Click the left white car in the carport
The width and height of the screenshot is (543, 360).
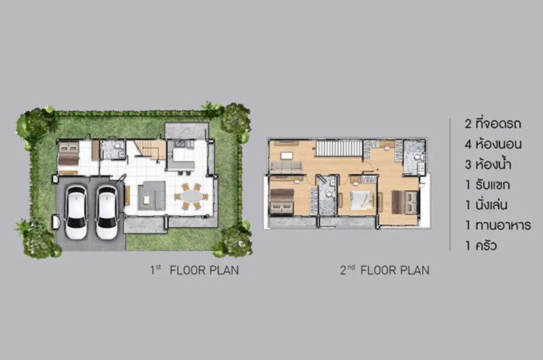tap(76, 213)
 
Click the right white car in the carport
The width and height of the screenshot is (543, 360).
tap(107, 213)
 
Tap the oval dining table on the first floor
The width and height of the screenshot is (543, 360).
tap(191, 197)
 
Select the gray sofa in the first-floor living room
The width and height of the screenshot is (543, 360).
tap(151, 196)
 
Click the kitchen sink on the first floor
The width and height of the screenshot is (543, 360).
tap(180, 143)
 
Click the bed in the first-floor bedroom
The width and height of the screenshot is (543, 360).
tap(69, 157)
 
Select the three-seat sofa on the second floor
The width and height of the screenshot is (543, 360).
tap(286, 166)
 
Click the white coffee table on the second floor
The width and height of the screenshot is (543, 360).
tap(287, 154)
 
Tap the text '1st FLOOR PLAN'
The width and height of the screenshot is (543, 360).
tap(194, 270)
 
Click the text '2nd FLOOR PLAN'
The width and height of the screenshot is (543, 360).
tap(385, 270)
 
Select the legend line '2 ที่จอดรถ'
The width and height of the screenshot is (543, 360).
tap(493, 124)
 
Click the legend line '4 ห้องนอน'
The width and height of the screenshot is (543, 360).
tap(493, 144)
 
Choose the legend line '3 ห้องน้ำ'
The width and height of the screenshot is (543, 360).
tap(488, 164)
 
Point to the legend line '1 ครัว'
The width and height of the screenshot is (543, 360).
tap(481, 246)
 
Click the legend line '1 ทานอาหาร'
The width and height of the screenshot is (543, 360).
tap(498, 226)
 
